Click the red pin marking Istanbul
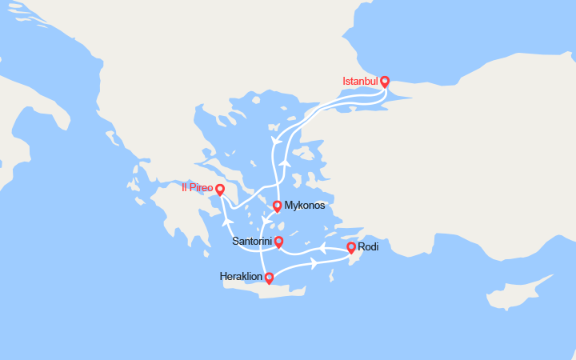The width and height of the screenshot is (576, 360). pos(385,82)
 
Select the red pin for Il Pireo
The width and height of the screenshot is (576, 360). pos(221,190)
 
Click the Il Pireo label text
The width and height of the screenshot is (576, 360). pos(197,189)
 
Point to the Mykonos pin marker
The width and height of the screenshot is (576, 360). pos(277,206)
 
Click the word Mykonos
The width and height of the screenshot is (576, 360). pos(305,206)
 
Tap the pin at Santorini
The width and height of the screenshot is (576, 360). pos(278,242)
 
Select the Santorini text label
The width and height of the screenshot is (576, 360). pos(252,241)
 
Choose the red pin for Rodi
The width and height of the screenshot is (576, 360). pos(350,247)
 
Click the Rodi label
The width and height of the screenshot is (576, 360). pos(368,246)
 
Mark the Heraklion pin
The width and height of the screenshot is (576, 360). pos(269,278)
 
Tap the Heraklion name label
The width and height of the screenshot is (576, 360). pos(241,277)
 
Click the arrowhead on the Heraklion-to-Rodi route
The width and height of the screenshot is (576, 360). pos(314,262)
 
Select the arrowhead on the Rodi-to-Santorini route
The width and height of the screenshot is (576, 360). pos(323,247)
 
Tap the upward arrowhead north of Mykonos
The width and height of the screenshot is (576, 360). pos(284,162)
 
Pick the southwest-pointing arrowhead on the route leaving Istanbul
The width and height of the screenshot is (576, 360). pos(276,141)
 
